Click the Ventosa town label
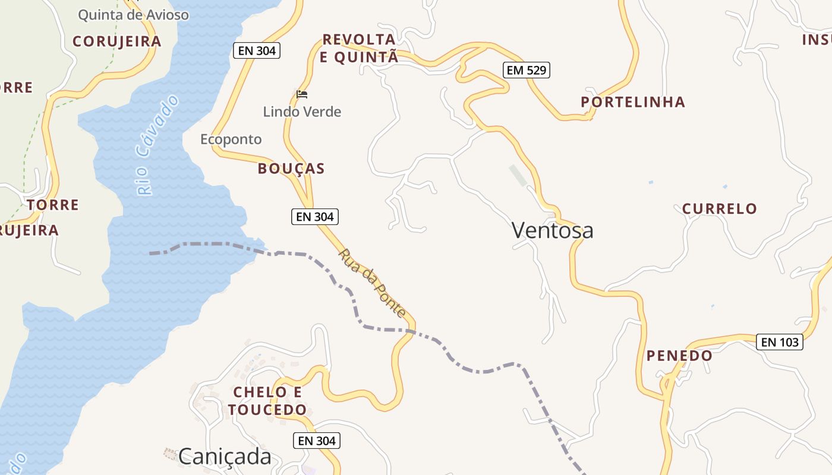coord(552,230)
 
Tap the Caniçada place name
coord(225,456)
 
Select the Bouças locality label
coord(291,169)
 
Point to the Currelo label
coord(719,209)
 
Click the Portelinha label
coord(633,102)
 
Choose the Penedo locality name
coord(679,356)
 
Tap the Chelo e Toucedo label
coord(267,401)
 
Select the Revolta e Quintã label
coord(359,48)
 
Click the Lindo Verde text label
coord(302,112)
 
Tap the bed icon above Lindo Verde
coord(302,94)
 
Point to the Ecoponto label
coord(231,140)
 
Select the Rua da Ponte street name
coord(372,283)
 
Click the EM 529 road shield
coord(526,70)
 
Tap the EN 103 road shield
coord(779,342)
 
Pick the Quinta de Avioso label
coord(133,15)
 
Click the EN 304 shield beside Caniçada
coord(317,441)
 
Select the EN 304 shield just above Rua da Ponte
coord(315,217)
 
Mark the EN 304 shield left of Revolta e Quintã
coord(257,50)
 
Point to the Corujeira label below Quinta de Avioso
coord(116,41)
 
